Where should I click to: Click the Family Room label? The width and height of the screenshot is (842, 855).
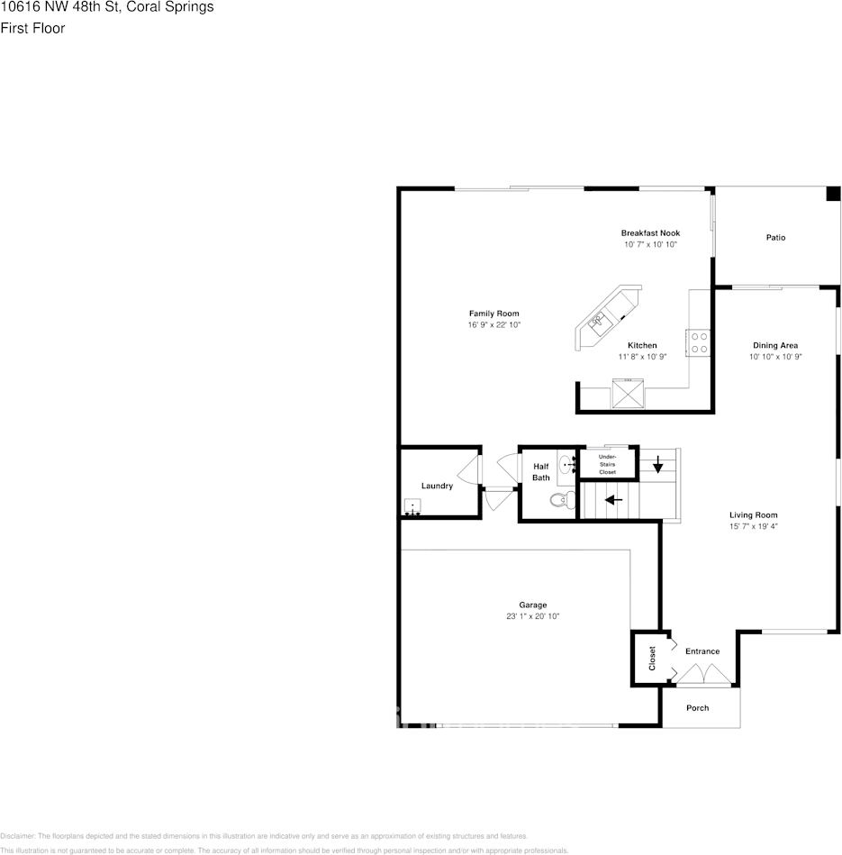[493, 314]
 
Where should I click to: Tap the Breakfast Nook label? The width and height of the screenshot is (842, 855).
[650, 233]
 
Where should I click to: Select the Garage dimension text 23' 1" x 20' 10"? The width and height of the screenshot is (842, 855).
[532, 616]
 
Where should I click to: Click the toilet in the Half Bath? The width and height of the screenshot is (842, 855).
[560, 499]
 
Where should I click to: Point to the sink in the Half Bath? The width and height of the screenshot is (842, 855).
[566, 465]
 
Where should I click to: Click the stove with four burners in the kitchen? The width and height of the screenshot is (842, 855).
[699, 342]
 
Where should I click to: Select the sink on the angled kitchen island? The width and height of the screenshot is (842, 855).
[598, 319]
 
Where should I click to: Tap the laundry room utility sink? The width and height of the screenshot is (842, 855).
[413, 507]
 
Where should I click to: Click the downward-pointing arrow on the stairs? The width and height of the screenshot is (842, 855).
[658, 465]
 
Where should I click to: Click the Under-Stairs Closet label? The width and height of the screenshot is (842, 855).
[608, 465]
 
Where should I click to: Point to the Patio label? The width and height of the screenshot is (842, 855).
[775, 238]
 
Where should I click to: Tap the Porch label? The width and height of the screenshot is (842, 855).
[698, 708]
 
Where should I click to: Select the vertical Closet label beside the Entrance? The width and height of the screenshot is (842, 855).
[653, 659]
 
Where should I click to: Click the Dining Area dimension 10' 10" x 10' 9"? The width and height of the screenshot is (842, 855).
[775, 357]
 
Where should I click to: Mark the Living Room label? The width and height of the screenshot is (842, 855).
[753, 514]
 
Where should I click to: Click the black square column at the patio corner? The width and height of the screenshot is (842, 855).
[833, 194]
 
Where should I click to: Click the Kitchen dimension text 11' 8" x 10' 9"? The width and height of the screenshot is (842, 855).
[642, 357]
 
